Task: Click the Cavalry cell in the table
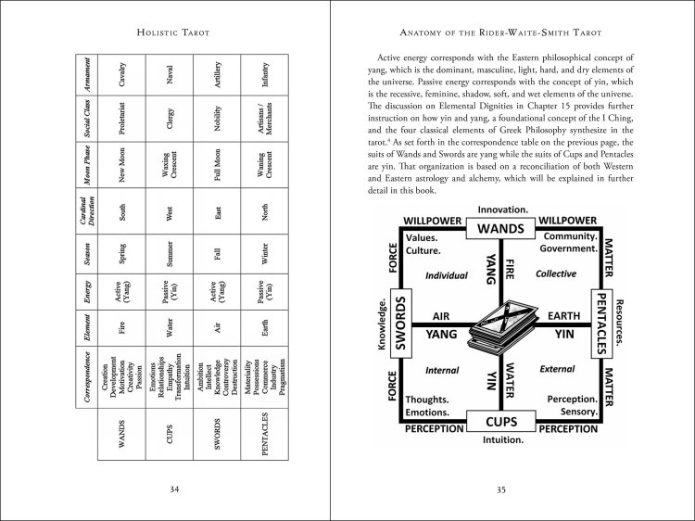click(x=123, y=77)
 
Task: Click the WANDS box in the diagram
click(x=500, y=228)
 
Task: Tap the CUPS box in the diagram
click(x=500, y=422)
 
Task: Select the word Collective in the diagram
click(x=555, y=274)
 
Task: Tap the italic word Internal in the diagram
click(x=442, y=370)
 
